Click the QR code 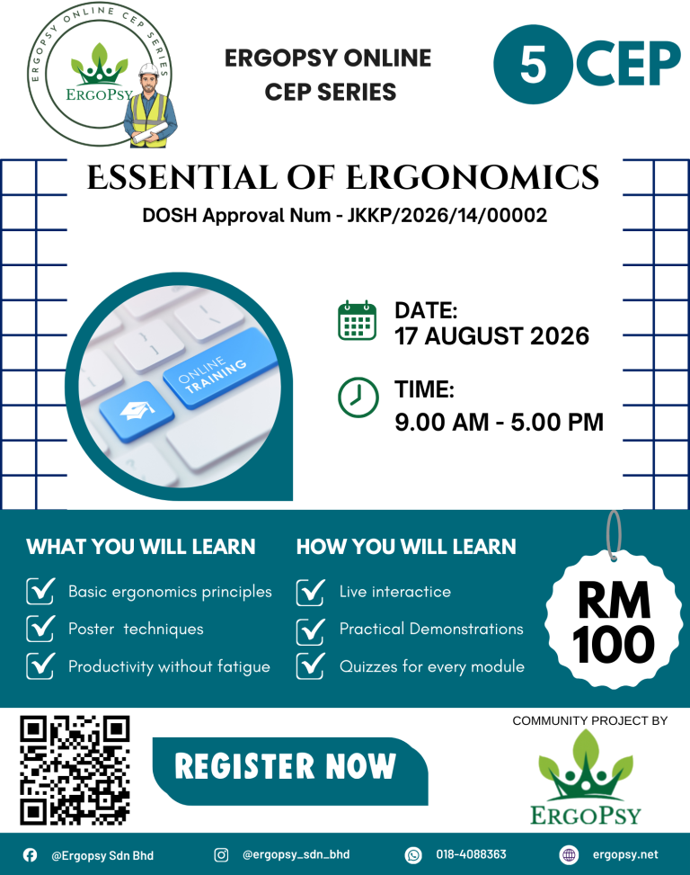point(75,770)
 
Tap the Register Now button point(286,767)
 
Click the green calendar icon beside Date point(357,321)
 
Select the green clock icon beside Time point(357,397)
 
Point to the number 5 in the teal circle point(533,64)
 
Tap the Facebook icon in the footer point(30,854)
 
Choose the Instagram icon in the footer point(221,854)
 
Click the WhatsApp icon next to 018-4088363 point(413,854)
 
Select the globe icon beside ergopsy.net point(568,854)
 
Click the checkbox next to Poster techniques point(40,629)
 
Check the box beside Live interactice point(310,592)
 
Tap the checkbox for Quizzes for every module point(310,665)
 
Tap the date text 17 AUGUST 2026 point(491,336)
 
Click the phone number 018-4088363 point(471,854)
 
